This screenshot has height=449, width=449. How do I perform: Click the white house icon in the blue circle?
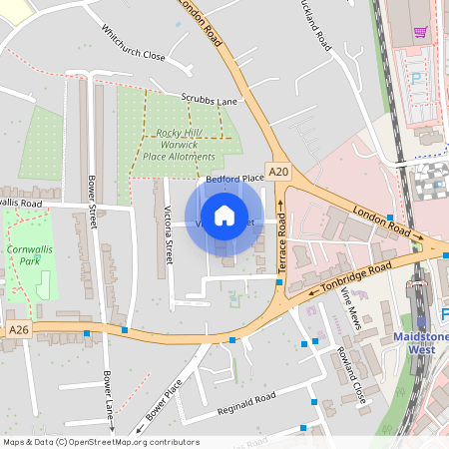click(x=224, y=216)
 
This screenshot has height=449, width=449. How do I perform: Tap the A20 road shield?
click(x=278, y=172)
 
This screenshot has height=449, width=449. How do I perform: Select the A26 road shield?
click(x=18, y=329)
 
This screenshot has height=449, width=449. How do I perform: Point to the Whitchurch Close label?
click(x=133, y=44)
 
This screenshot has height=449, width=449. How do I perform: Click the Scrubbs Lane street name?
click(x=209, y=100)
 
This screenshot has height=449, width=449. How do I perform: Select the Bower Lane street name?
click(x=107, y=396)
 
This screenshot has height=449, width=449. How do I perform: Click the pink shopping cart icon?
click(x=420, y=32)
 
